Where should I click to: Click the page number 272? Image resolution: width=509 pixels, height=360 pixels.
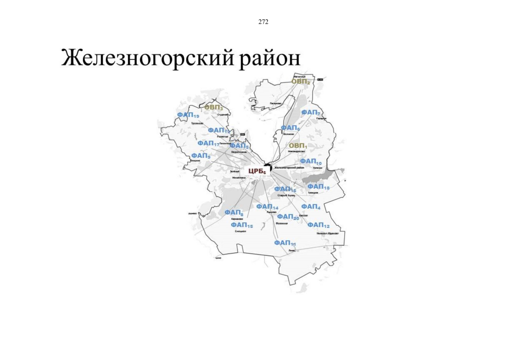pyautogui.click(x=263, y=22)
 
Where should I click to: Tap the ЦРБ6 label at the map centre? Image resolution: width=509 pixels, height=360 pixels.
pyautogui.click(x=257, y=171)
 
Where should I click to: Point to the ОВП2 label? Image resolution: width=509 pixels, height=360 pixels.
pyautogui.click(x=301, y=82)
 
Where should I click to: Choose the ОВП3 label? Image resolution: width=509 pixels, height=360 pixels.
pyautogui.click(x=214, y=107)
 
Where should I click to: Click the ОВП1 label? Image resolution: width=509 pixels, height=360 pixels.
pyautogui.click(x=298, y=146)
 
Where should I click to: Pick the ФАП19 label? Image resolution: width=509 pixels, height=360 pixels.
pyautogui.click(x=188, y=115)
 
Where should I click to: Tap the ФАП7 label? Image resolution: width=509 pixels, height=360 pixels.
pyautogui.click(x=311, y=112)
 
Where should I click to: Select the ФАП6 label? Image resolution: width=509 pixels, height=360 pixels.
pyautogui.click(x=290, y=128)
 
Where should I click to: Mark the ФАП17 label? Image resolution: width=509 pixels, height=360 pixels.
pyautogui.click(x=208, y=144)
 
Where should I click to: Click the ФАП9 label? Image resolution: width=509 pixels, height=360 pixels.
pyautogui.click(x=201, y=156)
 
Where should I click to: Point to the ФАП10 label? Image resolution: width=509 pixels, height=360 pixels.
pyautogui.click(x=311, y=162)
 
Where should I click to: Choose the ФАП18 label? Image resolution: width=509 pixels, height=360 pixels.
pyautogui.click(x=318, y=187)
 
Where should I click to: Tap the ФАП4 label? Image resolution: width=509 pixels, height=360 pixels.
pyautogui.click(x=311, y=207)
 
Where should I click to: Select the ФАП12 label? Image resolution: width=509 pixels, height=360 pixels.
pyautogui.click(x=318, y=225)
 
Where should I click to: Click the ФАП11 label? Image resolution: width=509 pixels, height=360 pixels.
pyautogui.click(x=285, y=243)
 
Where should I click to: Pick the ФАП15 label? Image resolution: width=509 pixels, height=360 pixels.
pyautogui.click(x=242, y=225)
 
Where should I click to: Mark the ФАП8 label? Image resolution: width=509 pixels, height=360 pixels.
pyautogui.click(x=234, y=213)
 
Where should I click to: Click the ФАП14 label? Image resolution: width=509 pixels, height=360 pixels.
pyautogui.click(x=267, y=207)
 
